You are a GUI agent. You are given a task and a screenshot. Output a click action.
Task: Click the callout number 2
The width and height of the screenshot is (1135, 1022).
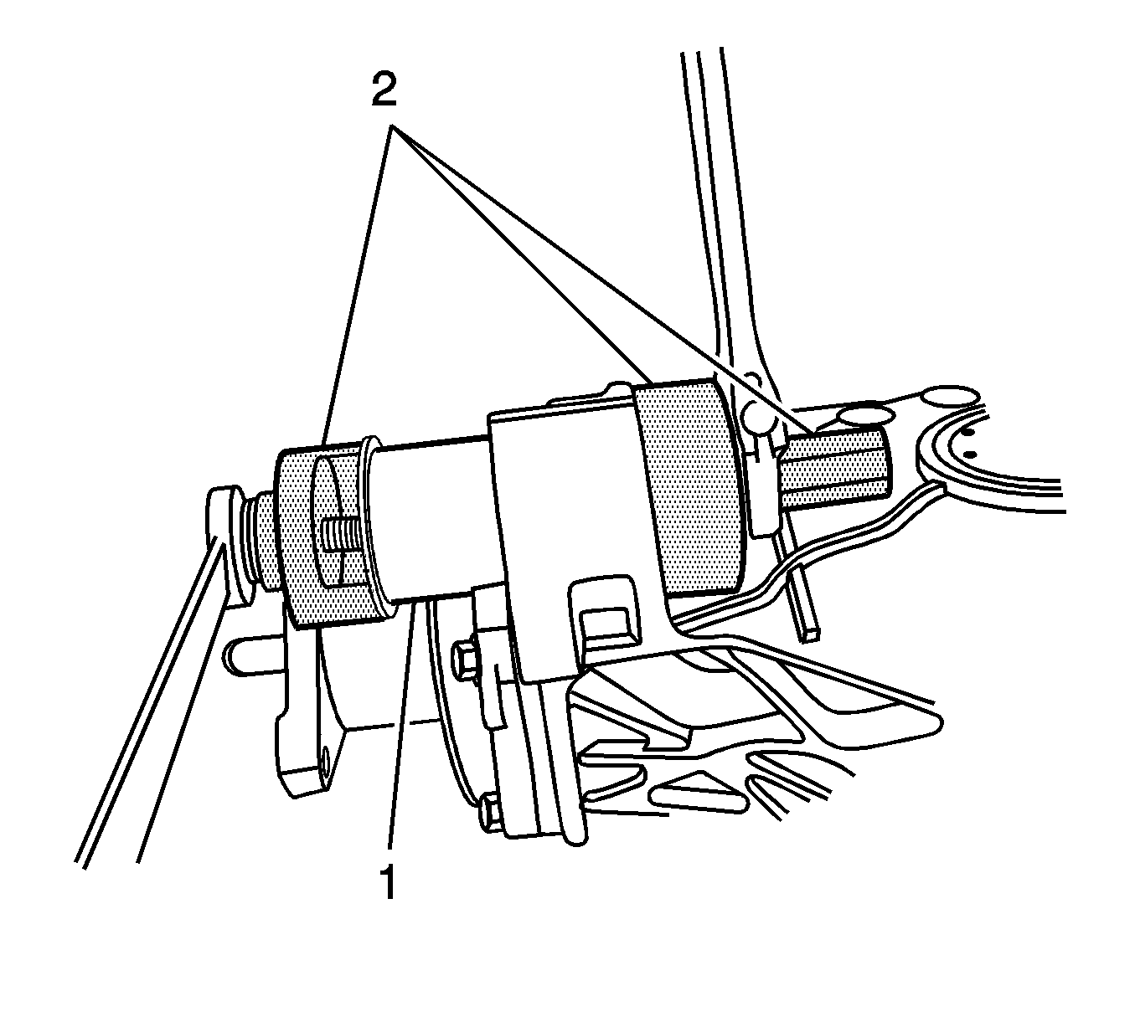click(384, 90)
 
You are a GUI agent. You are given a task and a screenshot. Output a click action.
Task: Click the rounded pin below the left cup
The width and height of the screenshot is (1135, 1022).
click(254, 656)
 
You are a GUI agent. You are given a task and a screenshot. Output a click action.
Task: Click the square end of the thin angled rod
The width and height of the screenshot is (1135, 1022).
click(811, 635)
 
